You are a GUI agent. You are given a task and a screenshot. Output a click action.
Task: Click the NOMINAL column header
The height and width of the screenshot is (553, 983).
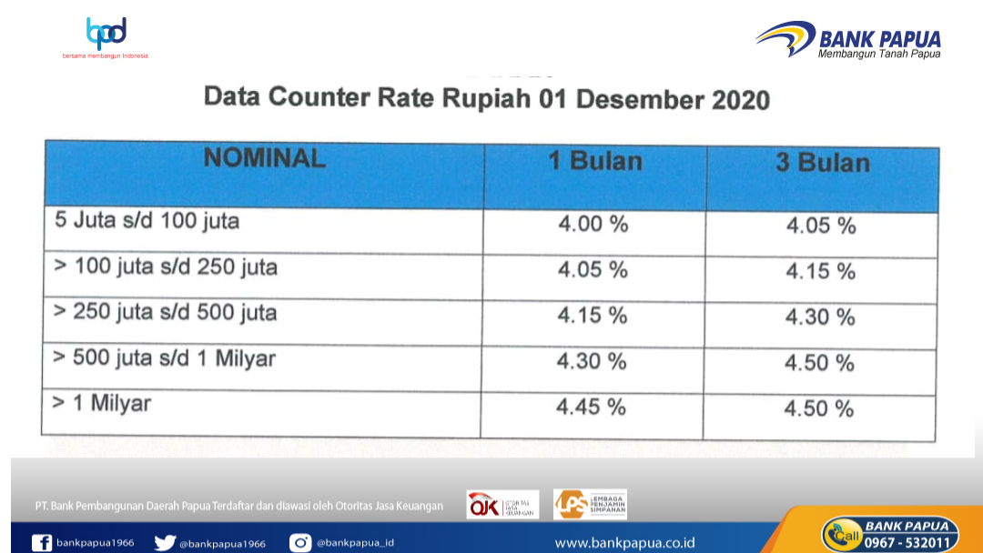click(x=265, y=158)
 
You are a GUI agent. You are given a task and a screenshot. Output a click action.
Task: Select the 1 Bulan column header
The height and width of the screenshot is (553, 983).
click(x=595, y=161)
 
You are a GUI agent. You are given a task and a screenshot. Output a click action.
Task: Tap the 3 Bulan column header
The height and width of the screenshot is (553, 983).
click(x=823, y=163)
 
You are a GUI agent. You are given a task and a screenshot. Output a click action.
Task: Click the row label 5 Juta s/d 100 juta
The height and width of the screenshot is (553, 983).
click(x=147, y=220)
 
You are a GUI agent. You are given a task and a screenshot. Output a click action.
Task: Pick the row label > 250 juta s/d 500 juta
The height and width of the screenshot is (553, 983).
click(x=165, y=312)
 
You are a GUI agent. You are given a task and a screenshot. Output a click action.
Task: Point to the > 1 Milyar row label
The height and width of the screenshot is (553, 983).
click(x=102, y=403)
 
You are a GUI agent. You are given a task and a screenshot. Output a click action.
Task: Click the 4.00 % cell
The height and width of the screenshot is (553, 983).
click(x=593, y=224)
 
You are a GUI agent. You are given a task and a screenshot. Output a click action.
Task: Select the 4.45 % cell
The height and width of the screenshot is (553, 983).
click(x=592, y=407)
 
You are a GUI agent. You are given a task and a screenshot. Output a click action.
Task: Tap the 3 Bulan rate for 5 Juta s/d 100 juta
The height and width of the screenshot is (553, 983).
click(x=821, y=226)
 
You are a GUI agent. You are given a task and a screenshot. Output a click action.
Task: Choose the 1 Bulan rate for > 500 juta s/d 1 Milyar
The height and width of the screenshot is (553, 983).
click(x=592, y=361)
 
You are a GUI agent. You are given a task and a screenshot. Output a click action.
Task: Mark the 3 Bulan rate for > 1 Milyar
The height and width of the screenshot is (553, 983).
click(x=819, y=409)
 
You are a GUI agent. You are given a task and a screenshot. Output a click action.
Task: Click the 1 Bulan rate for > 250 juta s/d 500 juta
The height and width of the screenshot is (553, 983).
click(x=593, y=315)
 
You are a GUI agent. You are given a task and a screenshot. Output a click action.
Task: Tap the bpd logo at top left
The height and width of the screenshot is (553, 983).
click(x=106, y=37)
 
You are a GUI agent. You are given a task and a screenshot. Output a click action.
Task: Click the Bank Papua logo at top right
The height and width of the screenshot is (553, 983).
click(x=848, y=39)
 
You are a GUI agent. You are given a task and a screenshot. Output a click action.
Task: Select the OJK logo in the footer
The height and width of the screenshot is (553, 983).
click(x=502, y=505)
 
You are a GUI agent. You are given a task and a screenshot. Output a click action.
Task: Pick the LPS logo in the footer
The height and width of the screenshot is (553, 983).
click(x=590, y=504)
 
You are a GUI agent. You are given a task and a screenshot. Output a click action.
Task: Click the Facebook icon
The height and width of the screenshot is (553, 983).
click(x=42, y=542)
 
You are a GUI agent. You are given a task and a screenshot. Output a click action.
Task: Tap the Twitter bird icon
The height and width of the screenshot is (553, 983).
click(x=165, y=542)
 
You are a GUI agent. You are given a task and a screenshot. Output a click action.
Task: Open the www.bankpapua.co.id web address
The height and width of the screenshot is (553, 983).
click(x=624, y=543)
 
